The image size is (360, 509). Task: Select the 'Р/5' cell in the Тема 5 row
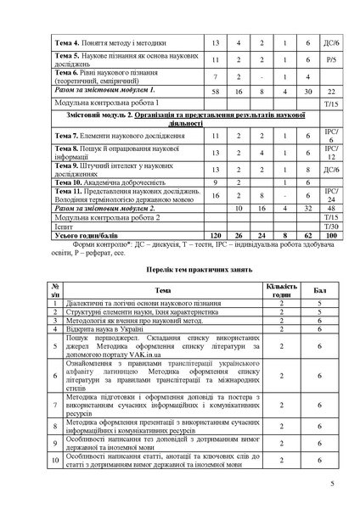pos(332,60)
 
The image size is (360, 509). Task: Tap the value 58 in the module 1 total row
pos(215,89)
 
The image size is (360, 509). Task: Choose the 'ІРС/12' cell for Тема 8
pos(332,153)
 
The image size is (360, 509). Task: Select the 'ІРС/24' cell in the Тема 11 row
pos(332,195)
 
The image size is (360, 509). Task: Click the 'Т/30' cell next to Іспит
pos(332,226)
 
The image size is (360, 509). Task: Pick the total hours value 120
pos(215,234)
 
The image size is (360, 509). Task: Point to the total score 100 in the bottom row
pos(332,234)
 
